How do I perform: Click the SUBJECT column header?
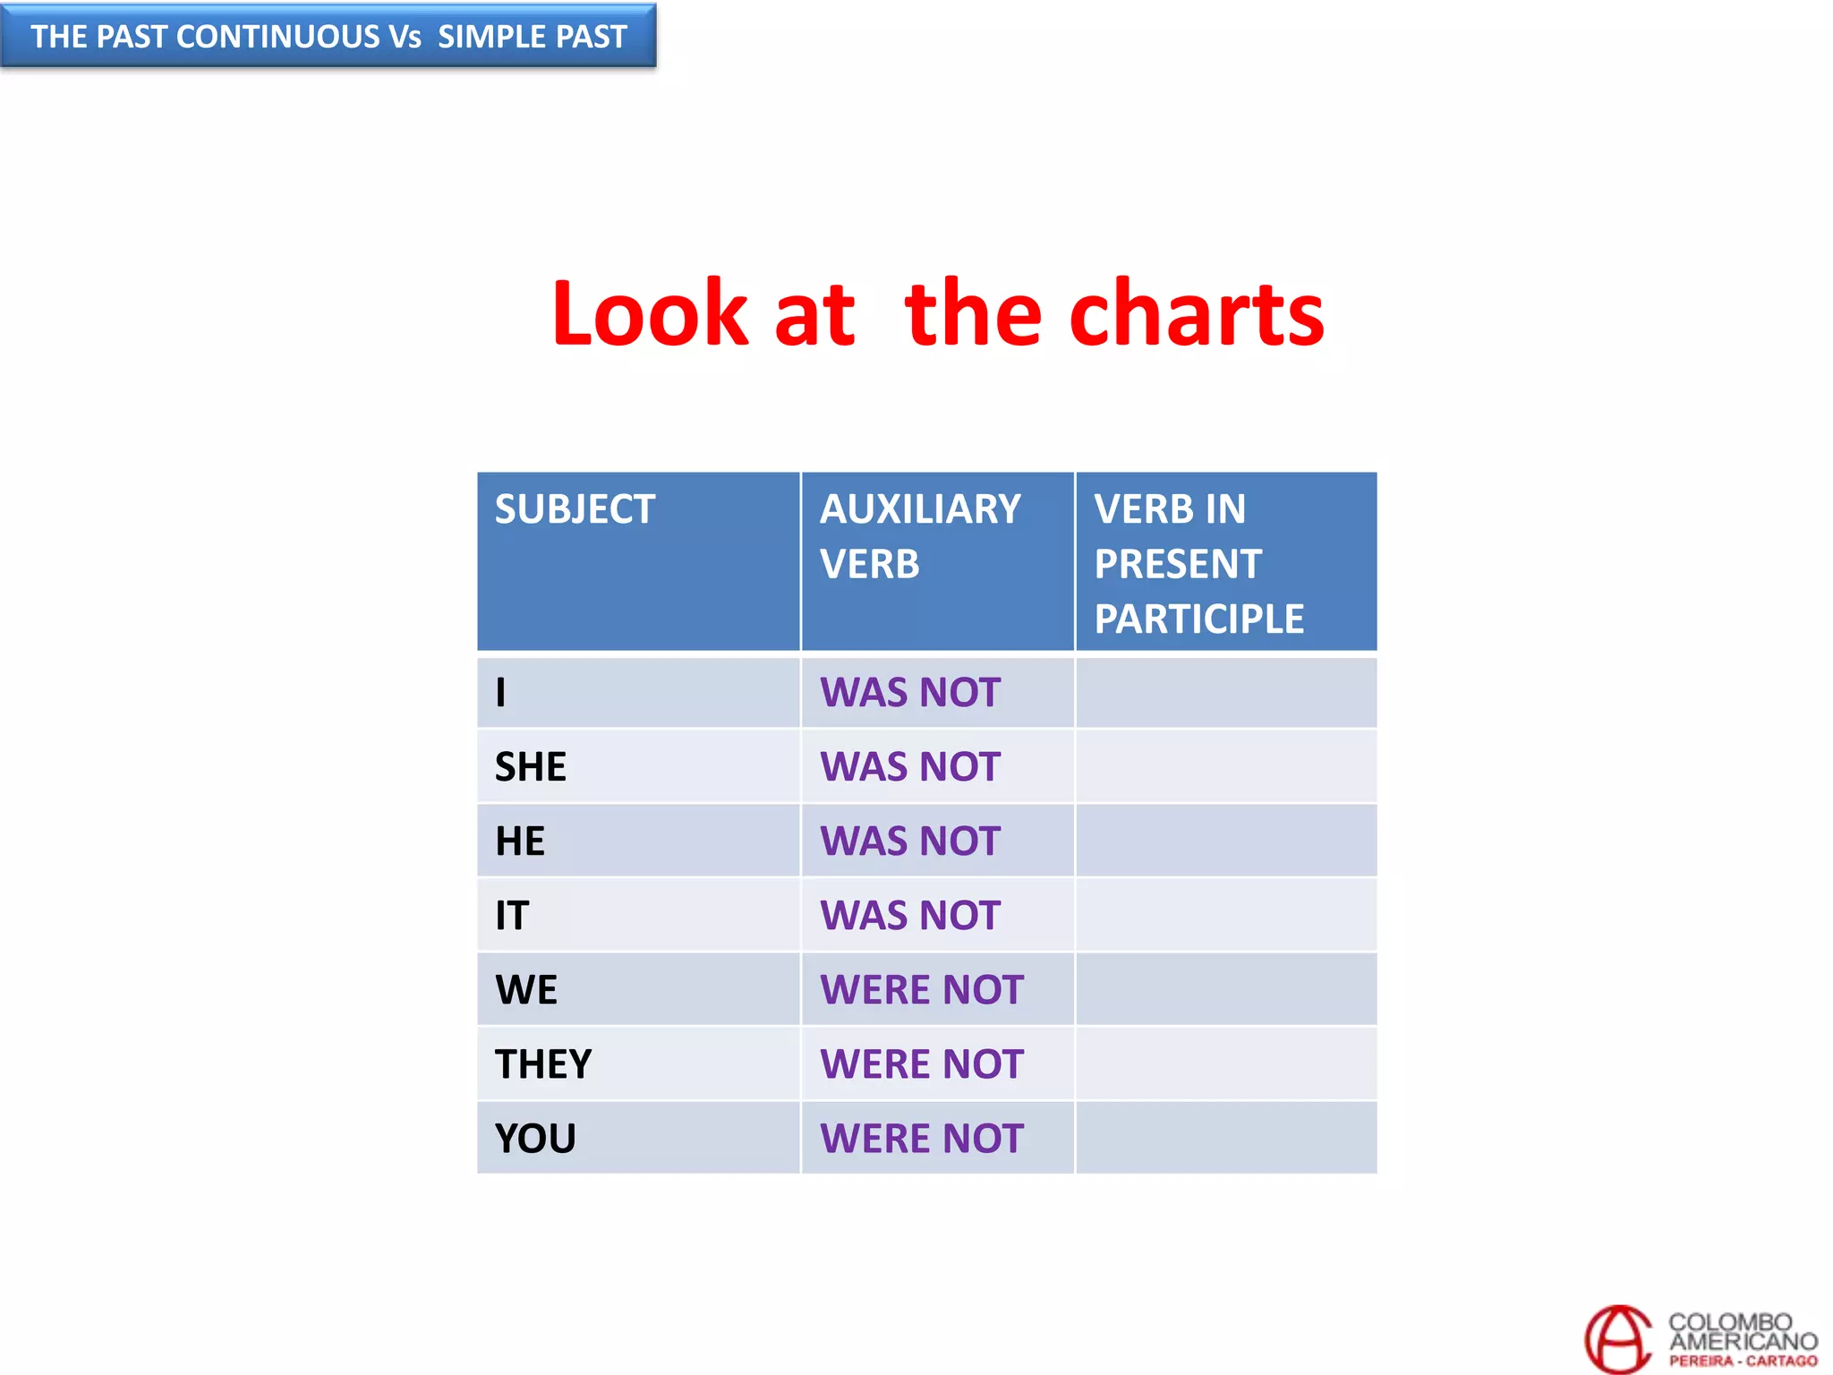click(x=575, y=509)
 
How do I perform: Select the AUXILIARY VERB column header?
click(x=920, y=536)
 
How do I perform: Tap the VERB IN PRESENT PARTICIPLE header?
click(x=1198, y=564)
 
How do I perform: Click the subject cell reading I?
click(x=501, y=693)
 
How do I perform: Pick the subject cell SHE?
click(x=531, y=767)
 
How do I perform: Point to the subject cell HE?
click(x=520, y=841)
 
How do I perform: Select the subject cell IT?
click(x=512, y=916)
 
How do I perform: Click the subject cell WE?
click(x=526, y=990)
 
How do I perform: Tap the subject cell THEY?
click(x=543, y=1064)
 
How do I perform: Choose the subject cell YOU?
click(x=535, y=1139)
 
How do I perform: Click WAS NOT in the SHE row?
click(x=909, y=767)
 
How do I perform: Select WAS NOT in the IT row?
click(x=909, y=916)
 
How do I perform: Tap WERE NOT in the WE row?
click(x=921, y=990)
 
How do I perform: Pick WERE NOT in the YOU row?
click(x=921, y=1139)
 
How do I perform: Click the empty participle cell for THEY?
click(x=1225, y=1064)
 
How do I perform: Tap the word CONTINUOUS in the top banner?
click(x=278, y=37)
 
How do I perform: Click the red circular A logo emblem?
click(x=1618, y=1339)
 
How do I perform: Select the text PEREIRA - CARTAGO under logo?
click(x=1743, y=1361)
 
